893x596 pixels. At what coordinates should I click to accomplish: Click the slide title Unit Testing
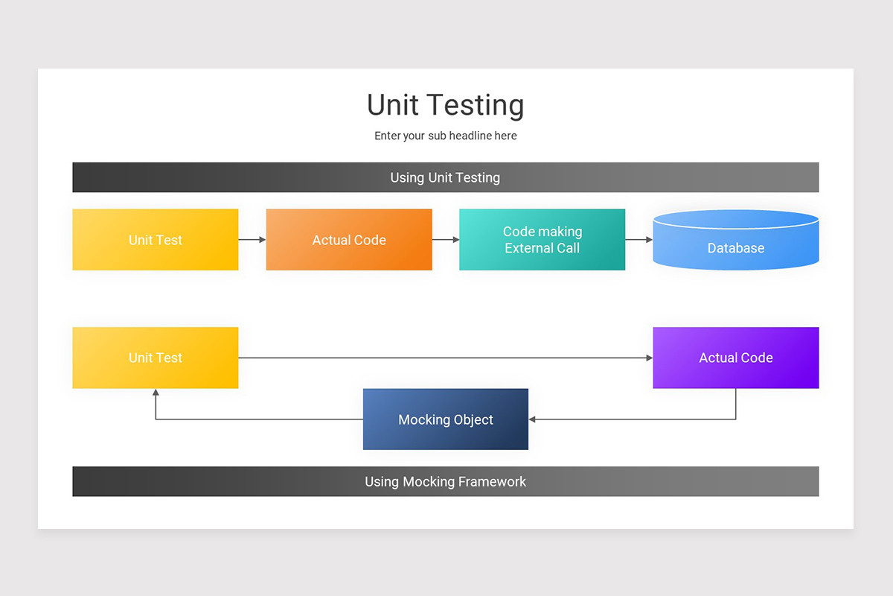445,105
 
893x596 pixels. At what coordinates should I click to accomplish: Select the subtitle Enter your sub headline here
445,136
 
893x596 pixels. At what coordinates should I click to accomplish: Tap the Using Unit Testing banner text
445,177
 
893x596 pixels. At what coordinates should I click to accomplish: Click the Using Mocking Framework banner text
445,481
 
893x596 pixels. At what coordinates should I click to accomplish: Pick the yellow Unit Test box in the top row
155,240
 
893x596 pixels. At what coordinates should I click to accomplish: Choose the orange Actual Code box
349,240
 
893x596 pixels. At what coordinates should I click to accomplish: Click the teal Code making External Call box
542,240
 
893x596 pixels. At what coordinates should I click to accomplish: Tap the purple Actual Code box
735,358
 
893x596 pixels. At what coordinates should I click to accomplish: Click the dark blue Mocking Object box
445,419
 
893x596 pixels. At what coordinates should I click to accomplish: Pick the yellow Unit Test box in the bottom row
155,358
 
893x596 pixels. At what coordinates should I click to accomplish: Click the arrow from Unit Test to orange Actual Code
252,240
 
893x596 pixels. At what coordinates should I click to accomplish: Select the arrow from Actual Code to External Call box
446,240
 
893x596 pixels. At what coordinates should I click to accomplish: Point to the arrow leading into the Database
638,240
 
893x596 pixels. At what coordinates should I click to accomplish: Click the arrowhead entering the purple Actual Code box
649,358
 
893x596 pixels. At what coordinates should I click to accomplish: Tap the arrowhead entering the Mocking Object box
533,419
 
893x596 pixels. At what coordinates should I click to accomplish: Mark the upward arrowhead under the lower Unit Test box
156,393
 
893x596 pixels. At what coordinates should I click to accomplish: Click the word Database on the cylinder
735,248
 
